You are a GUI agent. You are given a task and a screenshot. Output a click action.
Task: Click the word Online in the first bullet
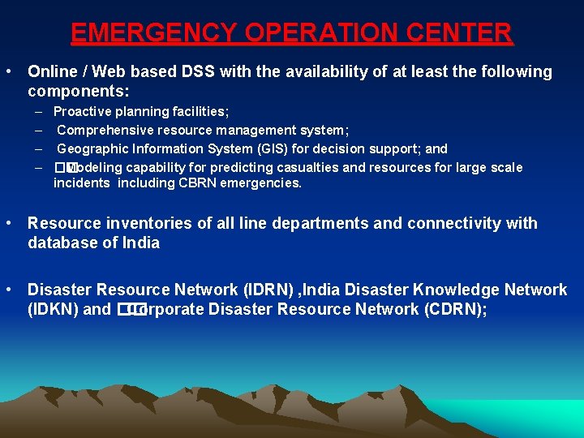pyautogui.click(x=52, y=72)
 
